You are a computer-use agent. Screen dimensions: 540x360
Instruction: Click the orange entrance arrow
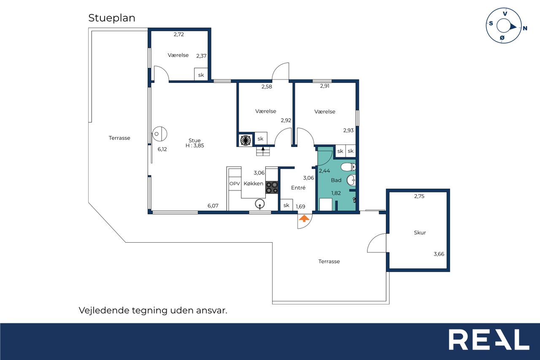pos(304,219)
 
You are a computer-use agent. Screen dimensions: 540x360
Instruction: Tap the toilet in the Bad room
pos(348,167)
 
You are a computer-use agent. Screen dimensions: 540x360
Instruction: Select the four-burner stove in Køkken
pos(272,187)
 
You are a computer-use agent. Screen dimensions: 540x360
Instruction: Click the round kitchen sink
pos(260,204)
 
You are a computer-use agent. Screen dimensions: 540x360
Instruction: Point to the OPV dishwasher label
pos(235,184)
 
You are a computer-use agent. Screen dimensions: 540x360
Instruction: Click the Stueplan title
pos(112,18)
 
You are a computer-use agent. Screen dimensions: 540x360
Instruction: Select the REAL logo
pos(489,339)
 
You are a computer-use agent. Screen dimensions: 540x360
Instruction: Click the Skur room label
pos(420,233)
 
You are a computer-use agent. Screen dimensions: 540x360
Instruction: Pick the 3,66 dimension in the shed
pos(439,254)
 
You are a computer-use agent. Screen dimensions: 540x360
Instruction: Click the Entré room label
pos(298,187)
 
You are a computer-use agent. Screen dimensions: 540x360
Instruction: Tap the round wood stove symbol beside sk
pos(246,140)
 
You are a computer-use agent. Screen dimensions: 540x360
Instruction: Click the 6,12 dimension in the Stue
pos(162,149)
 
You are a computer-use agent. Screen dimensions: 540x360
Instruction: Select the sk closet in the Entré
pos(286,205)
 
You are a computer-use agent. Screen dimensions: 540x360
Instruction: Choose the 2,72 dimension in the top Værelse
pos(178,35)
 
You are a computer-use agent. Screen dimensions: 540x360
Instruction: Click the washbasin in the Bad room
pos(351,180)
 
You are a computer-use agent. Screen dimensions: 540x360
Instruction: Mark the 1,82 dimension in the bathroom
pos(336,193)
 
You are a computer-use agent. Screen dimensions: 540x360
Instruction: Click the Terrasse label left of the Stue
pos(119,138)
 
